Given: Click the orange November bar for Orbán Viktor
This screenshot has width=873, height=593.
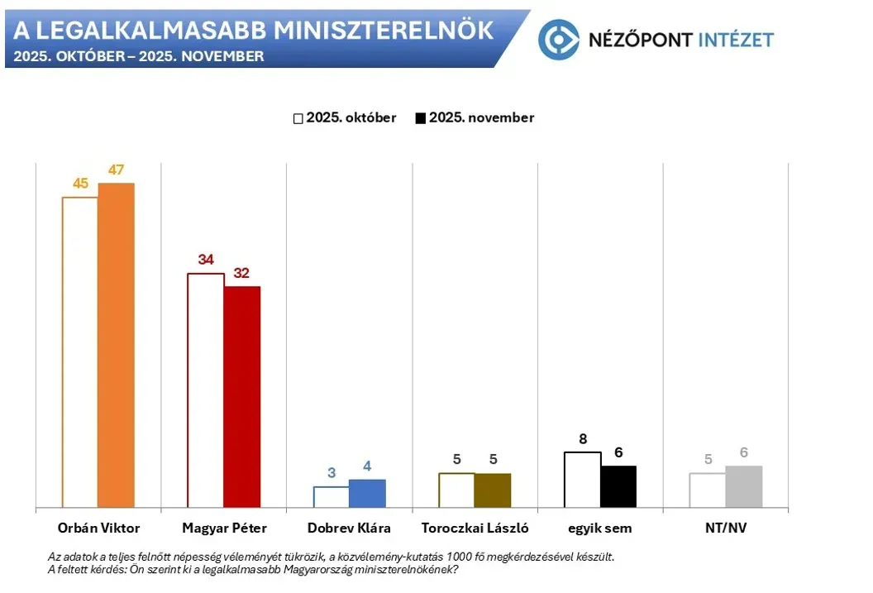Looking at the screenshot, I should coord(116,345).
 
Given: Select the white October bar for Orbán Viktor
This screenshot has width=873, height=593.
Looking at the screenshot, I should coord(80,352).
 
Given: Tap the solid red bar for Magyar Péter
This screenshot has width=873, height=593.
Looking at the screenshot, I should coord(241,397).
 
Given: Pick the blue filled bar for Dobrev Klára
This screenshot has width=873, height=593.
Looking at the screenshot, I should coord(367,494).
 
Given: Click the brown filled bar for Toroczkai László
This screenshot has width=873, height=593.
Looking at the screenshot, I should coord(493,490).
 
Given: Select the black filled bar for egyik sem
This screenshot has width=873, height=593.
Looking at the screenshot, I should coord(618,487).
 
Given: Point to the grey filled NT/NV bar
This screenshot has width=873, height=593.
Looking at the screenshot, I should coord(744,487).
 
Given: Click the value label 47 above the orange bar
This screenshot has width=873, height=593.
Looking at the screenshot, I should coord(116,170).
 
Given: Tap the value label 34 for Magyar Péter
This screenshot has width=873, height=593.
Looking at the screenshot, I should coord(206,260).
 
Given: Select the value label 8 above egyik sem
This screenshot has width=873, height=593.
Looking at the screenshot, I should coord(583,439).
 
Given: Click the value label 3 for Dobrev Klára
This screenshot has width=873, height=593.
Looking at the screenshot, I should coord(332,473).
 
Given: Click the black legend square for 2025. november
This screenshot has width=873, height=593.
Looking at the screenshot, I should coord(420,118).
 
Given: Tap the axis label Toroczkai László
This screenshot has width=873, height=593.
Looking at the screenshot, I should coord(475,528).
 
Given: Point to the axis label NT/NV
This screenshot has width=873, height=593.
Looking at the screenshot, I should coord(726,528).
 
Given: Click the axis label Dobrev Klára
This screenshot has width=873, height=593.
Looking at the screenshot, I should coord(349,528).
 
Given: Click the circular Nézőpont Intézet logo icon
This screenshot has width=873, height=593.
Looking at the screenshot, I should coord(558,39).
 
